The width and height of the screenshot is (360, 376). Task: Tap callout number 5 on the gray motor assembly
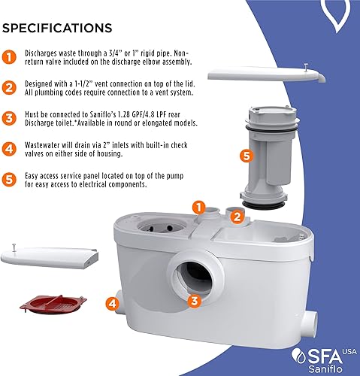(x=244, y=156)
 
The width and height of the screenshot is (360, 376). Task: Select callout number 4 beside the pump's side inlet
(x=111, y=305)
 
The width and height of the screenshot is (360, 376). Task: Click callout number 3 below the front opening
(x=194, y=301)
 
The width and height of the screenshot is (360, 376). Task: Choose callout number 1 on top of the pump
(x=198, y=205)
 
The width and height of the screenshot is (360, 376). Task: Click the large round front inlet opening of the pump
(x=194, y=267)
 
